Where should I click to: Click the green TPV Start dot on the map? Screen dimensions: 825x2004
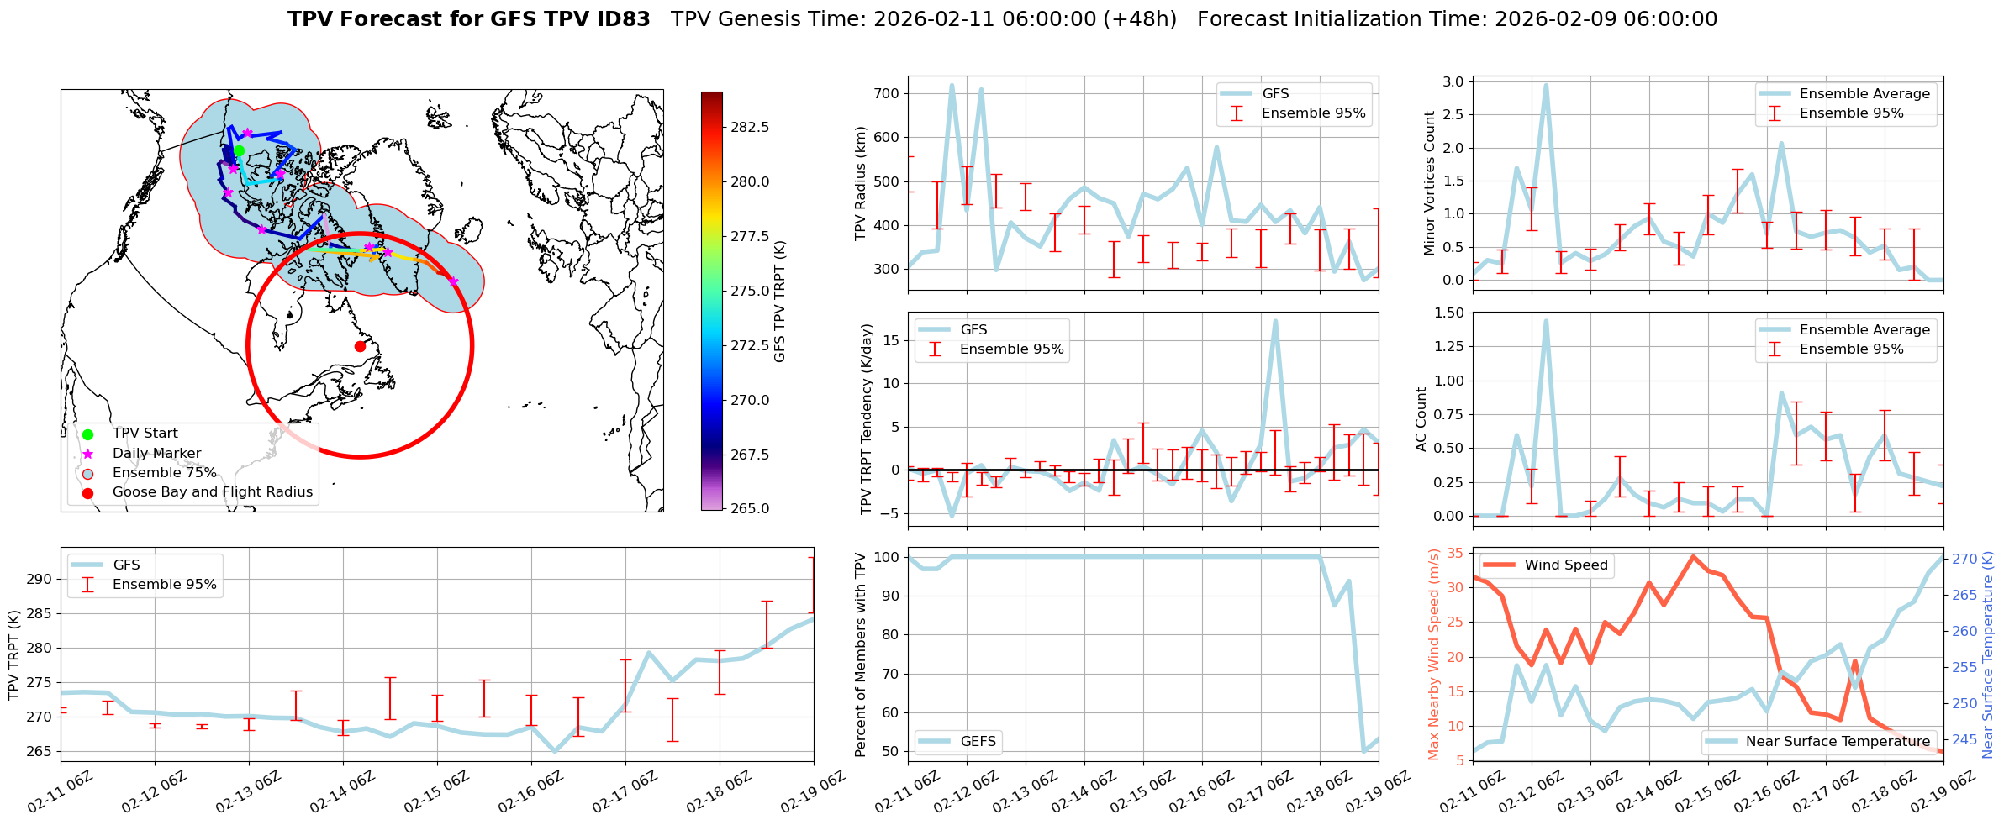(x=239, y=151)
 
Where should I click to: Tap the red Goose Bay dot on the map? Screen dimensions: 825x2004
(x=360, y=346)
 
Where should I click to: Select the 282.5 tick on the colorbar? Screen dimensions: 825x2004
(x=750, y=127)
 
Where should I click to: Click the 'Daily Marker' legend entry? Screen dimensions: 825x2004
(x=156, y=454)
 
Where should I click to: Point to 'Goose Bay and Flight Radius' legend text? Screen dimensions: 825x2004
(x=212, y=492)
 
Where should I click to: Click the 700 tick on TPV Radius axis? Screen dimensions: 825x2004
(x=888, y=93)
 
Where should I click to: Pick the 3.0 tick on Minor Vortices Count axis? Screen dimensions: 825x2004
(x=1453, y=81)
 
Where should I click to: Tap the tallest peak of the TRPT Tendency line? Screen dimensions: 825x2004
(x=1275, y=321)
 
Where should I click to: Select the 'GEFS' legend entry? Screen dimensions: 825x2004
(x=978, y=741)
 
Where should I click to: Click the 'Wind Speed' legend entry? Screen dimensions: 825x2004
(x=1565, y=565)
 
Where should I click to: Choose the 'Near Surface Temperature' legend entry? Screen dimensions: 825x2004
(x=1838, y=741)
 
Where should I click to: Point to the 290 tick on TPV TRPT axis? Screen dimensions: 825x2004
(x=41, y=579)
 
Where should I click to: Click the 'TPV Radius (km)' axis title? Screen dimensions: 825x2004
(x=861, y=183)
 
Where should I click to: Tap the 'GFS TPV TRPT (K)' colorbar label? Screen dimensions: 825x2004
(x=780, y=301)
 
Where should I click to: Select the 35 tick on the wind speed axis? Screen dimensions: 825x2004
(x=1455, y=553)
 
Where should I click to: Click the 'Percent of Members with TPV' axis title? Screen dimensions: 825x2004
(x=861, y=654)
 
